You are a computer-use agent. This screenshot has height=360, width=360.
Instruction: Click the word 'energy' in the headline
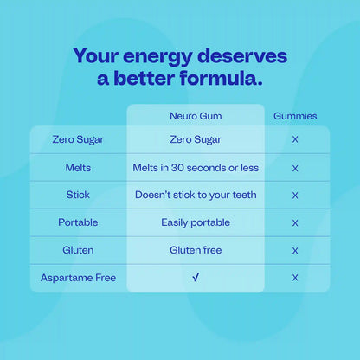point(157,56)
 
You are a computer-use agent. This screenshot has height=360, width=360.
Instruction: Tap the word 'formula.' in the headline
point(222,78)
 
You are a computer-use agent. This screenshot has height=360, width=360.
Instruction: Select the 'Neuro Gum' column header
point(196,116)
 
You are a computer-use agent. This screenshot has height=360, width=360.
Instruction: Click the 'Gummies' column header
point(295,116)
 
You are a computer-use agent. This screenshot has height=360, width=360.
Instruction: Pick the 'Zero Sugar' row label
point(78,140)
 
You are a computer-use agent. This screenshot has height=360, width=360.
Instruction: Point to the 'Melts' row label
point(78,168)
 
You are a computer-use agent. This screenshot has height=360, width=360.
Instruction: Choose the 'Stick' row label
point(78,195)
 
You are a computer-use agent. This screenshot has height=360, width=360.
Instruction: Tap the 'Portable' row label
point(78,222)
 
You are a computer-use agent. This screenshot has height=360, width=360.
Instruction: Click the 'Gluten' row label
point(78,250)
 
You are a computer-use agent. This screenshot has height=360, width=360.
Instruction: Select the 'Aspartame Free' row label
point(78,278)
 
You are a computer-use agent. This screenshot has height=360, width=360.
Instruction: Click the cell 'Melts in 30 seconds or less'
point(196,168)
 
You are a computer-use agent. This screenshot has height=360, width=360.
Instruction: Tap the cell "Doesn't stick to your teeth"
point(196,195)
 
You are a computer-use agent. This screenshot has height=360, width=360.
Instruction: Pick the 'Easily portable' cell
point(196,222)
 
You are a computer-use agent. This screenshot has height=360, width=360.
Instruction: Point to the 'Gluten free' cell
point(196,250)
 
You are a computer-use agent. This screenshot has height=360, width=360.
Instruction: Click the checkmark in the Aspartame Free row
point(196,278)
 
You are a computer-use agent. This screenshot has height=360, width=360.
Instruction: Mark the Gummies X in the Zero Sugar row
point(295,139)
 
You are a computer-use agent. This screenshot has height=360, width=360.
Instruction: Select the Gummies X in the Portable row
point(295,223)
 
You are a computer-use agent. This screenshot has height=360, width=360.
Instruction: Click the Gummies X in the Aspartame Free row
point(295,278)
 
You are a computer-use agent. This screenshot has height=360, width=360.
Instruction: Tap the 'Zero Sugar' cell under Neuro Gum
point(196,140)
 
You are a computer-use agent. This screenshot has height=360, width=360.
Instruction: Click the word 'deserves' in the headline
point(242,56)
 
